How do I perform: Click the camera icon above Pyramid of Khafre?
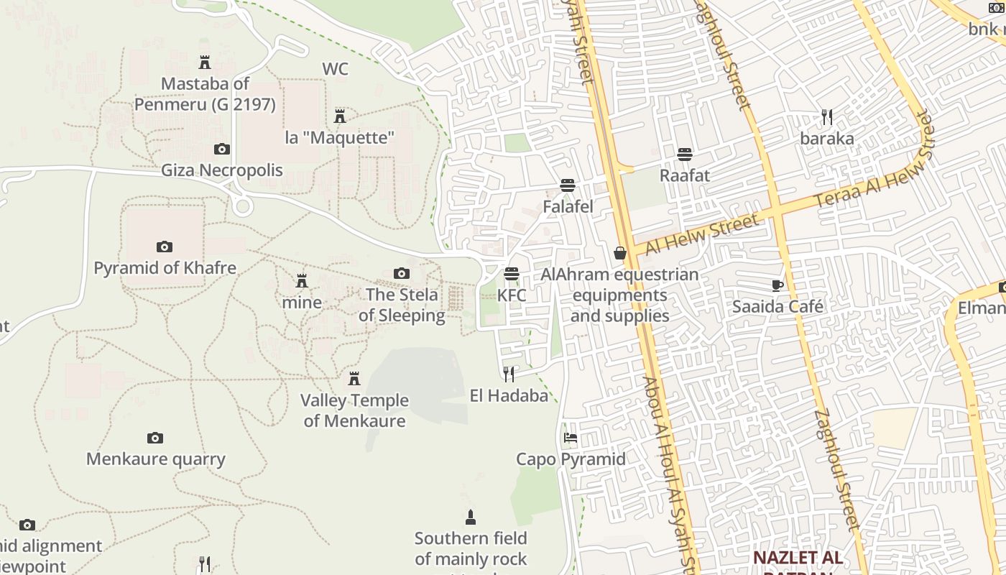165,247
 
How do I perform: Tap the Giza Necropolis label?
221,170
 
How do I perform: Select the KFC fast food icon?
512,274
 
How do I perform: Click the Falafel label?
568,207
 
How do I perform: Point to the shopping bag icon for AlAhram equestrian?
619,253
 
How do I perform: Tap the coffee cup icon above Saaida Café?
777,285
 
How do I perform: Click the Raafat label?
685,175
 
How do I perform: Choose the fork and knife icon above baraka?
827,117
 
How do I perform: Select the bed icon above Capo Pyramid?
571,437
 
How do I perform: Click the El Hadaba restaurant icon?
509,374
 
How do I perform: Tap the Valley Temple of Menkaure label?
354,410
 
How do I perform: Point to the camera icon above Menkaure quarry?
155,438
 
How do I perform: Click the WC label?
335,69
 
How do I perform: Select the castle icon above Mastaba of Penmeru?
205,63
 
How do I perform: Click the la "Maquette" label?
340,137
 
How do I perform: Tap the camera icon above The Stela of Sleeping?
402,273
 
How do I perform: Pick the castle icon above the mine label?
302,280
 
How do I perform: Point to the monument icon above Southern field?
471,517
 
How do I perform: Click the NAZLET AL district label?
798,558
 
